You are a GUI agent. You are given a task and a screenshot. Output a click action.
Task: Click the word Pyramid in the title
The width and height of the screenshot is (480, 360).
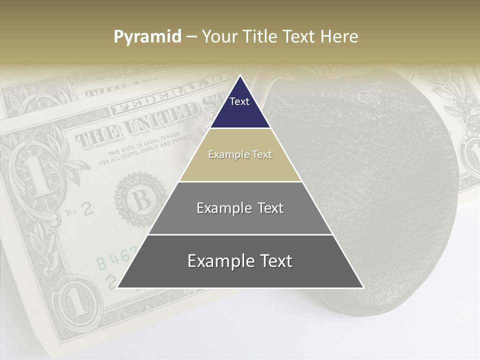147,37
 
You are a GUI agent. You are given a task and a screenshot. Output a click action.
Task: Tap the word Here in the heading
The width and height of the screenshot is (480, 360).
339,37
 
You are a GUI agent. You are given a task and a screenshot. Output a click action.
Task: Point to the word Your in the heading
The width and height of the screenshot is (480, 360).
219,37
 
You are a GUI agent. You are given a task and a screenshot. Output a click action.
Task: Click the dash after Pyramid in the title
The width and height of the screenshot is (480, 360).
191,37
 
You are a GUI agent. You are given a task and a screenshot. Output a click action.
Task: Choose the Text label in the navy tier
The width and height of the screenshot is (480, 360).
239,101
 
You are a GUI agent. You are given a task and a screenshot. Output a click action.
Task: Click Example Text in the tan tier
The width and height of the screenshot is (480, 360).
240,154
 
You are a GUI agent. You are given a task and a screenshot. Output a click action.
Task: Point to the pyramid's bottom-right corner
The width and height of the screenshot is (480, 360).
363,287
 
